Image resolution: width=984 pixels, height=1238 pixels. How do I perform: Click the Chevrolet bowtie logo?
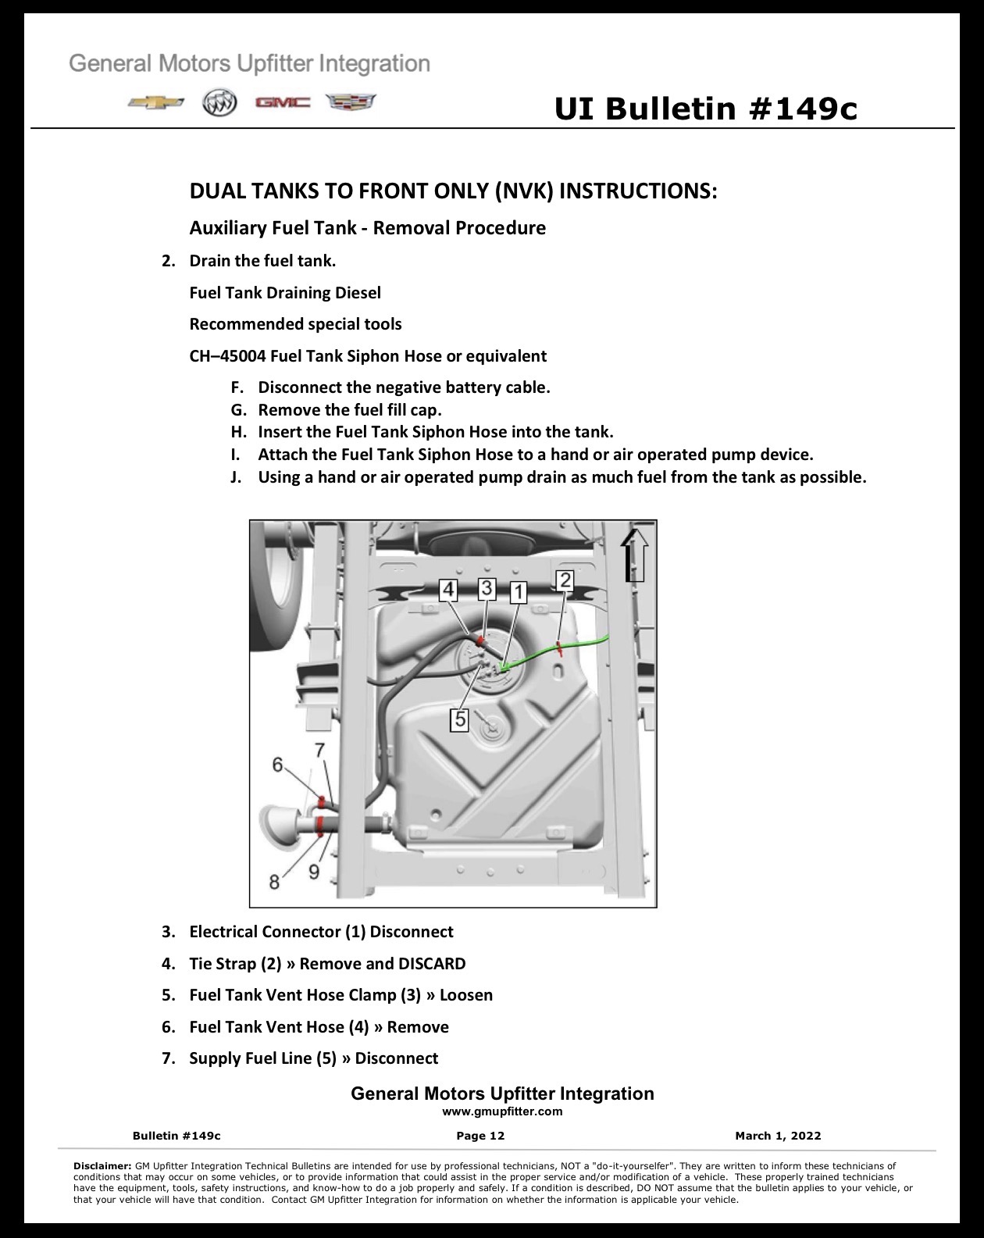(x=156, y=103)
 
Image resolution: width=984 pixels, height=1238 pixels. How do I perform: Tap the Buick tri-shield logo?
(x=219, y=104)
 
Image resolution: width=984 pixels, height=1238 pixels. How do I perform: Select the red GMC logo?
(x=283, y=103)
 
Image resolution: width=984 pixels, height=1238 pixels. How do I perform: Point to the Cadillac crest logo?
(x=351, y=102)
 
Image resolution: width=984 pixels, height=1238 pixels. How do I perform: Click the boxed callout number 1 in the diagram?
(x=519, y=591)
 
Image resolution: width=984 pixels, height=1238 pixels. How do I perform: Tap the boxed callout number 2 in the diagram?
(x=565, y=580)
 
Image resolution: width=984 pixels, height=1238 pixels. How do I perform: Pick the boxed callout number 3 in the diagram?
(x=487, y=588)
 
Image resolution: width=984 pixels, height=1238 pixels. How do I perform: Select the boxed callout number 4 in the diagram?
(x=448, y=590)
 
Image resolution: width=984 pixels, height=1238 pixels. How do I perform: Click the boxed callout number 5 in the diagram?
(x=460, y=719)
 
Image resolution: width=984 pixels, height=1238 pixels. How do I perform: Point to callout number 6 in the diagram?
(x=278, y=765)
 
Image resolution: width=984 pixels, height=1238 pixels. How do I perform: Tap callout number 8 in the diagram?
(x=274, y=882)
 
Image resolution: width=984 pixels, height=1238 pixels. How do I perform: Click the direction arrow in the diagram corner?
(x=635, y=555)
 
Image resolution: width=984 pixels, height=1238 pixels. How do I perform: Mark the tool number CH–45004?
(x=228, y=356)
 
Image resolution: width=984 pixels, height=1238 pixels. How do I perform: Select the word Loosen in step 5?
(x=466, y=995)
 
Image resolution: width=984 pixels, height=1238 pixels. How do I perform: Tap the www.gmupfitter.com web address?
(x=502, y=1111)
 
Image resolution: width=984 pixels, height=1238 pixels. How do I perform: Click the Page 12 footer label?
(x=480, y=1136)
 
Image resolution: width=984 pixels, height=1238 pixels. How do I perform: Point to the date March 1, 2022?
(x=778, y=1136)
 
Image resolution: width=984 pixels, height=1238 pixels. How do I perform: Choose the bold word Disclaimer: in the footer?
(x=103, y=1166)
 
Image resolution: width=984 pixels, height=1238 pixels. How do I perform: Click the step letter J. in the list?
(x=236, y=477)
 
